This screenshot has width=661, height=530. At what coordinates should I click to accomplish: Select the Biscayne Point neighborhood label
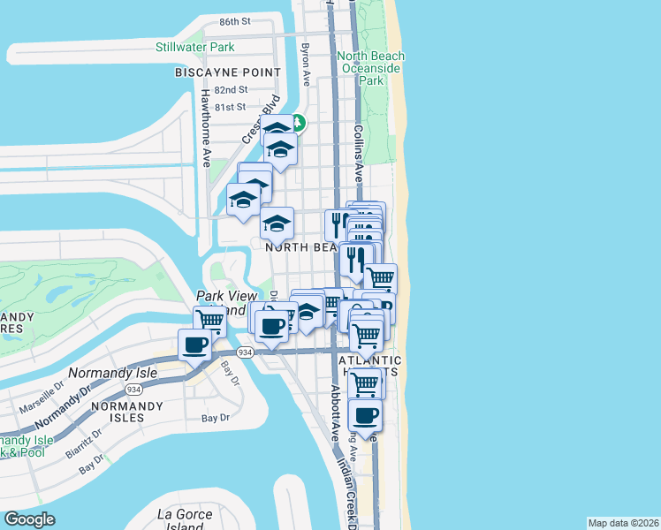tap(228, 72)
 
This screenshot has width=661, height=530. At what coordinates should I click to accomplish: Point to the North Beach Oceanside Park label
tap(371, 68)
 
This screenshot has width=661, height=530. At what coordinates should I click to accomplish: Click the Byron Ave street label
tap(306, 58)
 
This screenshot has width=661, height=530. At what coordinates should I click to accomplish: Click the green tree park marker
tap(299, 123)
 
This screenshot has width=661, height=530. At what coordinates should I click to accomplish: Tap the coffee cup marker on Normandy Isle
tap(194, 344)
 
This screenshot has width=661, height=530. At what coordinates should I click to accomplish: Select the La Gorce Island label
tap(185, 519)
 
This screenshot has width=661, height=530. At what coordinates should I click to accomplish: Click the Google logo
tap(30, 519)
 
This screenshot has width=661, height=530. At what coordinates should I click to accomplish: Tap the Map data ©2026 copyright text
tap(623, 523)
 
